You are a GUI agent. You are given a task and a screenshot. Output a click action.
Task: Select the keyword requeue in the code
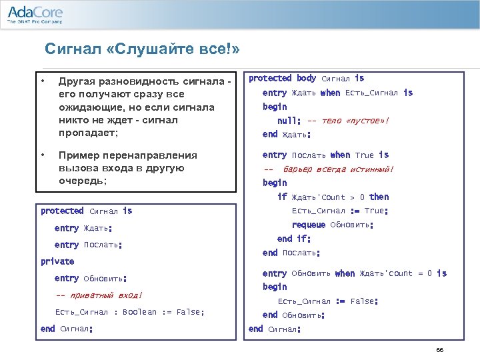tap(309, 225)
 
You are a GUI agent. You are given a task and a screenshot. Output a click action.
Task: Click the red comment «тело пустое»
tap(347, 121)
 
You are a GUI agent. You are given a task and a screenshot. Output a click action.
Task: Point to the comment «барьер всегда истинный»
tap(338, 169)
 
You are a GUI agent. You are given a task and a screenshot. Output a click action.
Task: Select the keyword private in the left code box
tap(57, 261)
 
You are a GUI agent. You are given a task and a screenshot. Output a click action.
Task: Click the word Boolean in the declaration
tap(139, 312)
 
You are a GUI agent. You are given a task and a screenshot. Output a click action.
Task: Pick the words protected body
tap(283, 79)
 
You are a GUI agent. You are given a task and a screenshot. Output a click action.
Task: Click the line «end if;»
tap(294, 239)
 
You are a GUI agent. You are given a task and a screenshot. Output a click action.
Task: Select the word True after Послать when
tap(364, 155)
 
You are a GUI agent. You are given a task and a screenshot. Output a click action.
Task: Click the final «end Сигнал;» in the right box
tap(275, 329)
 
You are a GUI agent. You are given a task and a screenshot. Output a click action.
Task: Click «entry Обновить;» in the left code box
tap(91, 278)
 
